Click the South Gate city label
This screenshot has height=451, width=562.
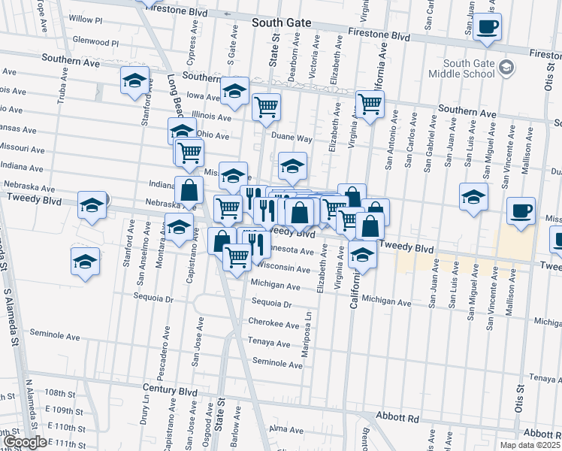281,23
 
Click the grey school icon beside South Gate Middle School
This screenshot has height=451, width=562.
507,68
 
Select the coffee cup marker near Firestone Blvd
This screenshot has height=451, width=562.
488,28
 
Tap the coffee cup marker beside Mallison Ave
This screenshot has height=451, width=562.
521,211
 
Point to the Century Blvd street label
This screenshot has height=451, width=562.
170,392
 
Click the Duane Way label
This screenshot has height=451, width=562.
292,138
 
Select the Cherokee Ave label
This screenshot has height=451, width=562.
274,324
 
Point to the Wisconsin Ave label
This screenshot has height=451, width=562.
282,268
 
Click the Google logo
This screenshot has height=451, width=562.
24,441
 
